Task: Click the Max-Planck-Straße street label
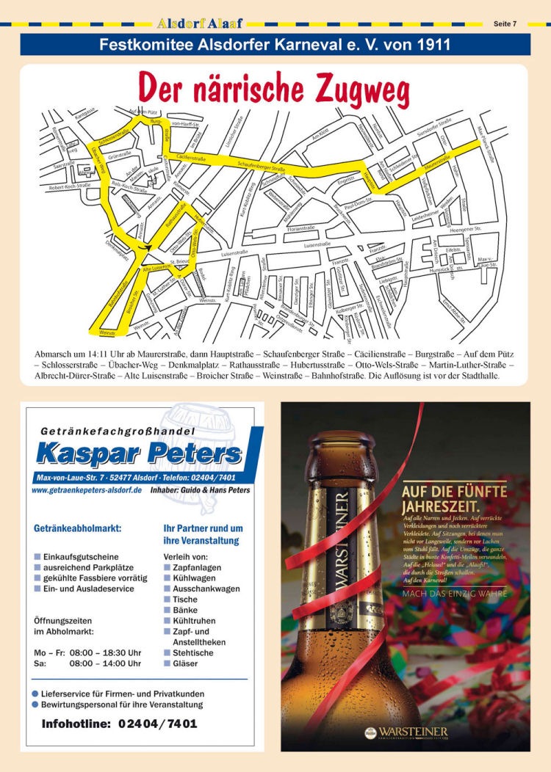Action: pyautogui.click(x=486, y=144)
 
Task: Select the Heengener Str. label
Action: pyautogui.click(x=465, y=230)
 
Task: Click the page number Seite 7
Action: pyautogui.click(x=505, y=23)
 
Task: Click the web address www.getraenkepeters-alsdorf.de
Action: pyautogui.click(x=87, y=490)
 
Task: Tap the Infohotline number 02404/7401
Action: pyautogui.click(x=155, y=724)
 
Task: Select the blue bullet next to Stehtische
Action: pyautogui.click(x=168, y=652)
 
